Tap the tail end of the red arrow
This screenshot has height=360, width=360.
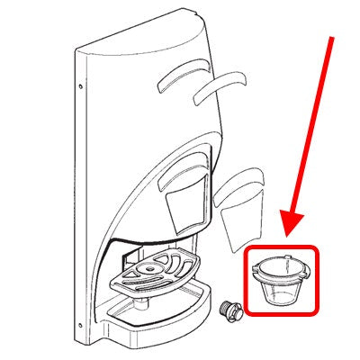click(336, 38)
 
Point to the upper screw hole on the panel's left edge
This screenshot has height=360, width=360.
click(82, 86)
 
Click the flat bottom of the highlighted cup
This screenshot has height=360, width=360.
click(281, 302)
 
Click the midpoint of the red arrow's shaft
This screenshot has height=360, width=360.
click(311, 137)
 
